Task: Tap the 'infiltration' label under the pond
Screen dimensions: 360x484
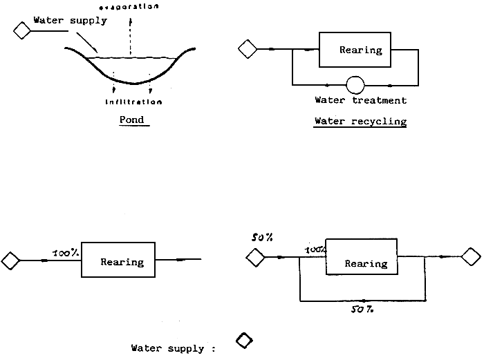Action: pyautogui.click(x=134, y=102)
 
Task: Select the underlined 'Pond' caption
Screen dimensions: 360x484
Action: pyautogui.click(x=131, y=120)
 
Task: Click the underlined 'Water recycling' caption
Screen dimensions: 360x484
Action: pyautogui.click(x=360, y=122)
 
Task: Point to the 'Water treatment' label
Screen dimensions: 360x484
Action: pyautogui.click(x=360, y=100)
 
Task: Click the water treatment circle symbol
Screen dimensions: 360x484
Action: pyautogui.click(x=355, y=84)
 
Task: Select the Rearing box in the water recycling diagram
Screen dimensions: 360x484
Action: pyautogui.click(x=360, y=50)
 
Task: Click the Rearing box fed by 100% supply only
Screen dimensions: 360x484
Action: pyautogui.click(x=122, y=260)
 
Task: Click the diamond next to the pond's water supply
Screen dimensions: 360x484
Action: pyautogui.click(x=22, y=30)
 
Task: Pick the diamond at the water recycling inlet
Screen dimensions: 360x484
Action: pyautogui.click(x=247, y=49)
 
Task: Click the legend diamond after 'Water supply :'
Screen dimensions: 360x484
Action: pyautogui.click(x=244, y=341)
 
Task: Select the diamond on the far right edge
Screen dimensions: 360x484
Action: pyautogui.click(x=472, y=257)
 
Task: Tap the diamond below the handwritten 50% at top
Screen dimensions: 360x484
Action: pyautogui.click(x=255, y=258)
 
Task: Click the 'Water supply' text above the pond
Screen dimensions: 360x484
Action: pyautogui.click(x=71, y=20)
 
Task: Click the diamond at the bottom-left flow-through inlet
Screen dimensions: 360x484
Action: pyautogui.click(x=10, y=260)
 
